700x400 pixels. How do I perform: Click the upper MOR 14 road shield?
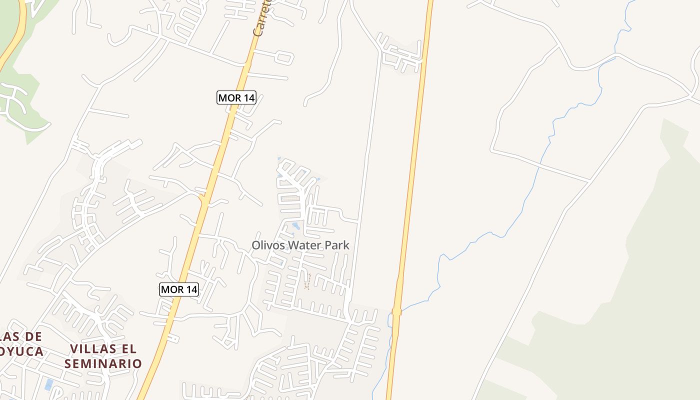[236, 97]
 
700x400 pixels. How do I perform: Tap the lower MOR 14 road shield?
[179, 289]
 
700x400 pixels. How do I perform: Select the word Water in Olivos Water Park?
[306, 245]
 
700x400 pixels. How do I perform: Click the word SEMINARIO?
[103, 363]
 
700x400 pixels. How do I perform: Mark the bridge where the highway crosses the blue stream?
[397, 312]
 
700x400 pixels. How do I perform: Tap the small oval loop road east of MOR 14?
[284, 57]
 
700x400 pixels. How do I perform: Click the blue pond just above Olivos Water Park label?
[296, 226]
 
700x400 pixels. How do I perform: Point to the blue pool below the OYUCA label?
[49, 384]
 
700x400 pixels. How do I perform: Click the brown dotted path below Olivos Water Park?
[307, 281]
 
